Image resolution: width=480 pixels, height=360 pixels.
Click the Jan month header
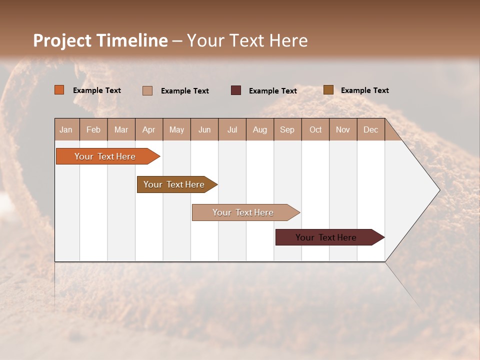(66, 130)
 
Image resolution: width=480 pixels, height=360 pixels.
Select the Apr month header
(149, 130)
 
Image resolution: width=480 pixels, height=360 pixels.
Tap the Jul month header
(232, 130)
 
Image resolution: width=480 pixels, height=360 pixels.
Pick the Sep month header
(287, 130)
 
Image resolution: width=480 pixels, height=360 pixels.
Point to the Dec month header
(370, 130)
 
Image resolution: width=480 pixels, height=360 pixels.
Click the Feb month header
(93, 130)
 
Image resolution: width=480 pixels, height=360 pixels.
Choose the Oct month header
(315, 130)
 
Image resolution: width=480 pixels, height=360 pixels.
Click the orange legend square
(59, 90)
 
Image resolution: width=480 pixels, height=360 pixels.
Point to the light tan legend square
(147, 90)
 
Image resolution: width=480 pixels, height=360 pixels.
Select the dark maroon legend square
(236, 90)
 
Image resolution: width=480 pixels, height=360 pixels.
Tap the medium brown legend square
(328, 90)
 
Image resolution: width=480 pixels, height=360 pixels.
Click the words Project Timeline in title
(100, 40)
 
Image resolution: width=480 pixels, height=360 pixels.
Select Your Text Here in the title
(247, 40)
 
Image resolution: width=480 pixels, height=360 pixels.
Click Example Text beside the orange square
(97, 90)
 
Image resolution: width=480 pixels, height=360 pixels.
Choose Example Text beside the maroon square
(273, 91)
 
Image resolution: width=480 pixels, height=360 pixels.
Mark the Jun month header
(204, 130)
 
